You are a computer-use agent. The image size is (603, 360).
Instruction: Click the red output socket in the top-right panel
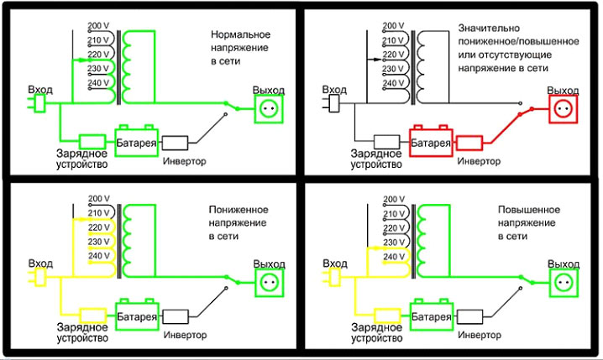point(563,109)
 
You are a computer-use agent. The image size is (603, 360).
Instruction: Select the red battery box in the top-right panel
point(430,141)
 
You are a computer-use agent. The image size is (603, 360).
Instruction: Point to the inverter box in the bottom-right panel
point(469,316)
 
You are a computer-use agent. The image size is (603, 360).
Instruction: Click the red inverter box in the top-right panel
point(469,142)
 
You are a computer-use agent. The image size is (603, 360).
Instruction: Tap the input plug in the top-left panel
point(37,103)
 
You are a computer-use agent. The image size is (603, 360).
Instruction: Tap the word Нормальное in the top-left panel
point(240,34)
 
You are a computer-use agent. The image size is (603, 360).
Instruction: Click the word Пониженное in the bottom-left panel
point(241,209)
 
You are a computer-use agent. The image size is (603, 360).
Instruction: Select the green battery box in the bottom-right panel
point(430,315)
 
